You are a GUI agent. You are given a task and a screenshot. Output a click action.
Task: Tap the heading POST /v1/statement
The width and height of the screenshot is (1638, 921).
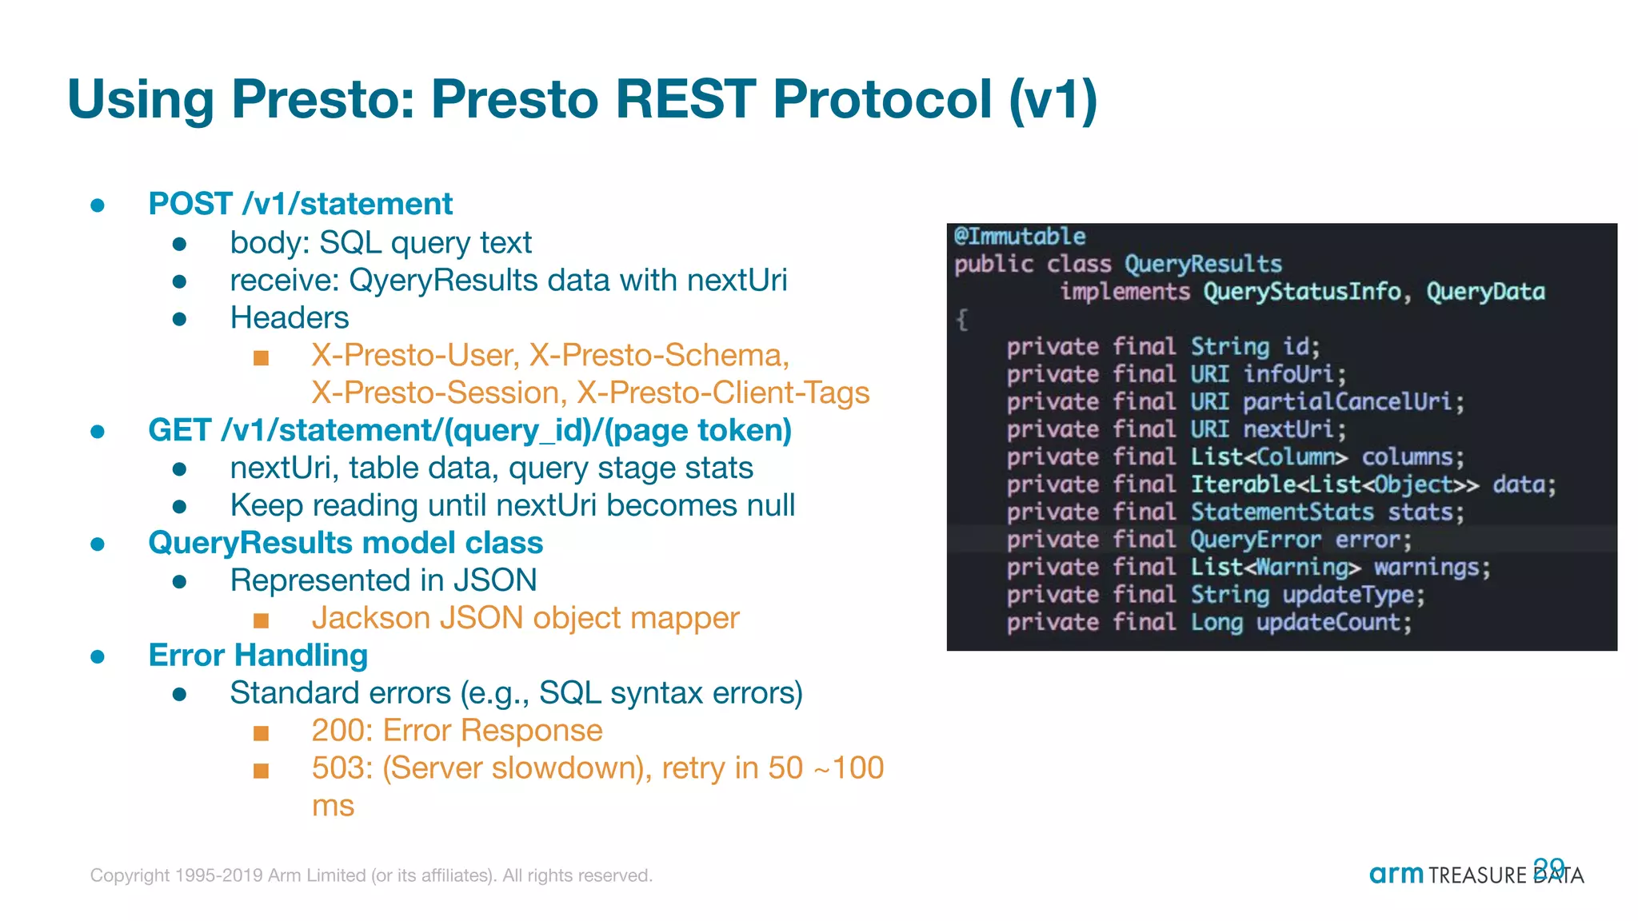pyautogui.click(x=300, y=204)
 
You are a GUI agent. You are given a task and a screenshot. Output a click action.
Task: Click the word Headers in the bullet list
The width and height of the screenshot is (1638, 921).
pyautogui.click(x=289, y=318)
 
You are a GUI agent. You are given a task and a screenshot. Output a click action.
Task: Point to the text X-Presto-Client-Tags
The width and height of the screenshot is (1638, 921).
pyautogui.click(x=723, y=393)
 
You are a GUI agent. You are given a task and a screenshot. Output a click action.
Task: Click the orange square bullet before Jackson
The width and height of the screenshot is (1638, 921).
pyautogui.click(x=261, y=620)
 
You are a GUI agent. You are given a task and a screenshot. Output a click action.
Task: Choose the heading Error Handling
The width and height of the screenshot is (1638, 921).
pyautogui.click(x=258, y=656)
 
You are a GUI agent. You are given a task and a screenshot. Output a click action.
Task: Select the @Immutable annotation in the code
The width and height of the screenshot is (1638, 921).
pyautogui.click(x=1019, y=237)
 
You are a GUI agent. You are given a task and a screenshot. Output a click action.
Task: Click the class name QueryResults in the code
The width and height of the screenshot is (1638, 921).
pyautogui.click(x=1202, y=264)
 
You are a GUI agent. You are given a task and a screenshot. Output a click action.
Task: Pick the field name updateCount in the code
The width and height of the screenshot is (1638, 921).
pyautogui.click(x=1333, y=622)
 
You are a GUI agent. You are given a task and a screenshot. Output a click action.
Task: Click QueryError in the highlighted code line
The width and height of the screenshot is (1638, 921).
pyautogui.click(x=1255, y=540)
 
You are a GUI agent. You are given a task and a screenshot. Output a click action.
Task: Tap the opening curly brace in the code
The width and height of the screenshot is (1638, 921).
pyautogui.click(x=962, y=320)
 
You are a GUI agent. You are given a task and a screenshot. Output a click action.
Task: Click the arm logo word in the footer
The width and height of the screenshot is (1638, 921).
pyautogui.click(x=1396, y=874)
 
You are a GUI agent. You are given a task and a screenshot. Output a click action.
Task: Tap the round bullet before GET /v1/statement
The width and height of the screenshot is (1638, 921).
pyautogui.click(x=98, y=432)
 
